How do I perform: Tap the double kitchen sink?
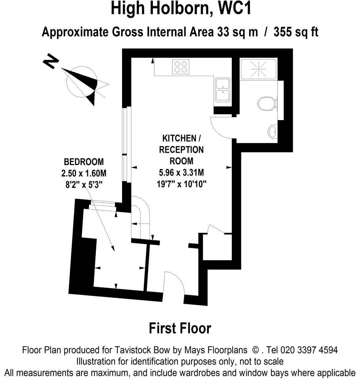[x=223, y=90]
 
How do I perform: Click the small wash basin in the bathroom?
[x=272, y=131]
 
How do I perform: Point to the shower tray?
[x=259, y=69]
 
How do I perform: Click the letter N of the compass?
[x=51, y=61]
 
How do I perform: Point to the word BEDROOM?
[x=84, y=162]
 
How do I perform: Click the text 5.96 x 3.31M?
[x=181, y=172]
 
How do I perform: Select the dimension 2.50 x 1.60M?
[x=84, y=173]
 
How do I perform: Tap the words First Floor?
[x=180, y=328]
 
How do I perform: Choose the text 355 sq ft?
[x=296, y=32]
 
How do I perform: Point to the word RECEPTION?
[x=181, y=150]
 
